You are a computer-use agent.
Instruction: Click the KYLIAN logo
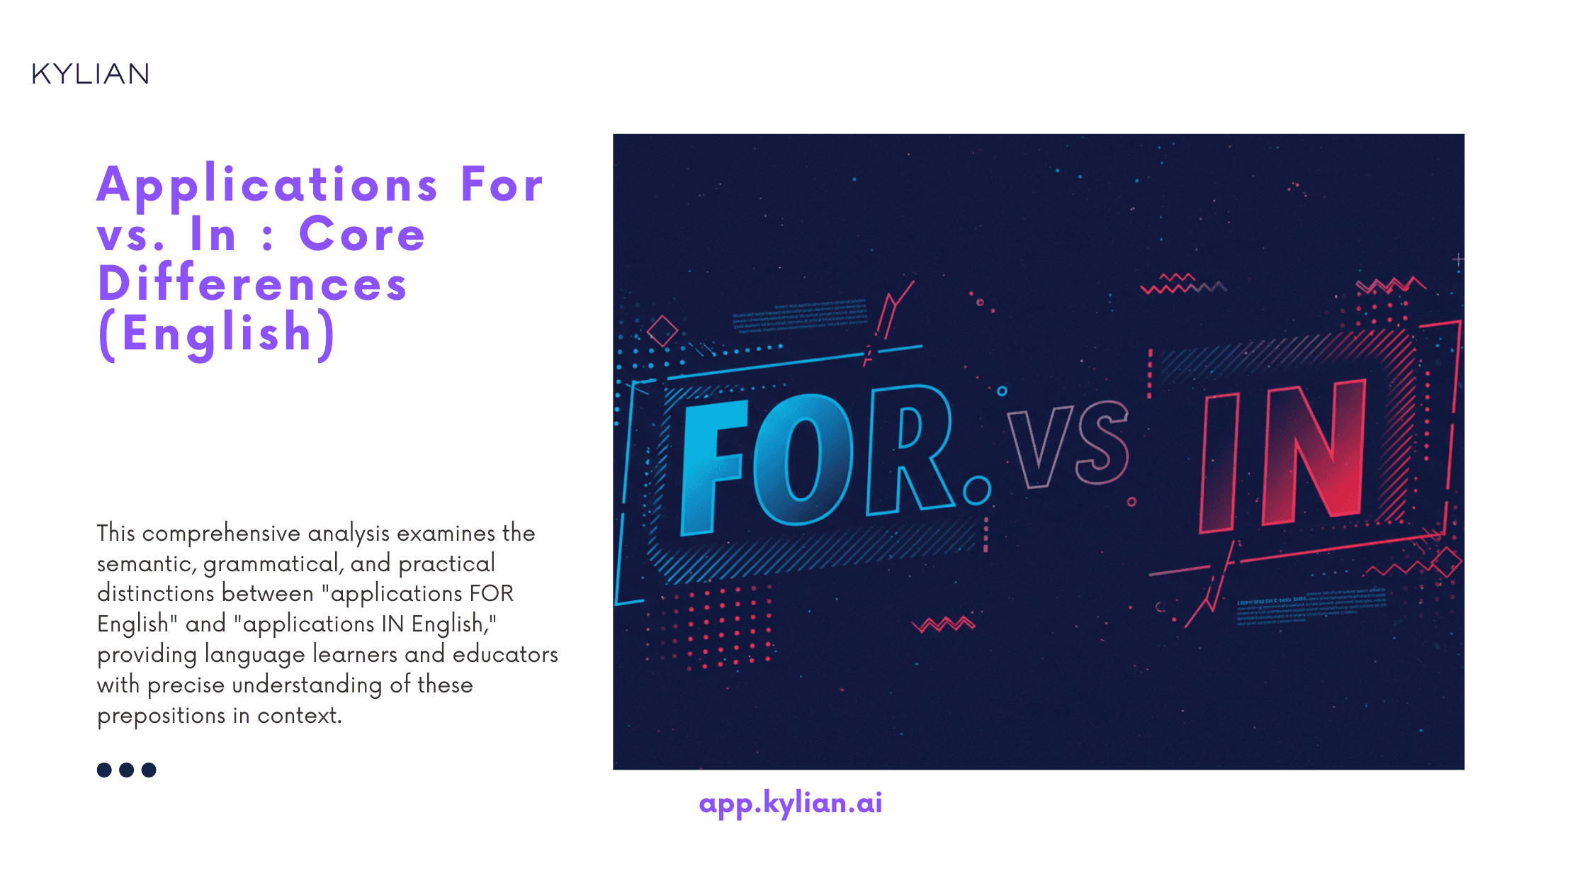coord(90,74)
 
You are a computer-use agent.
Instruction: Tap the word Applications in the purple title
coord(267,186)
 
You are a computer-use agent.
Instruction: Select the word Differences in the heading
coord(252,284)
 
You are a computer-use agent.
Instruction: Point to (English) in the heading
coord(217,333)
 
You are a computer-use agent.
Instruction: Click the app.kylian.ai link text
coord(790,803)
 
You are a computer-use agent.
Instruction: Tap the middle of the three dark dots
coord(127,770)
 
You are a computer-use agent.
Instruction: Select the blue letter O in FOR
coord(803,459)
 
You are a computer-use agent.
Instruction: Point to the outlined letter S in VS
coord(1101,443)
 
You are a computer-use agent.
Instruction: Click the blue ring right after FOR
coord(977,490)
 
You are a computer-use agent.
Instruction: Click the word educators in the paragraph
coord(505,654)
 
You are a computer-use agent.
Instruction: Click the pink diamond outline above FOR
coord(662,331)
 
